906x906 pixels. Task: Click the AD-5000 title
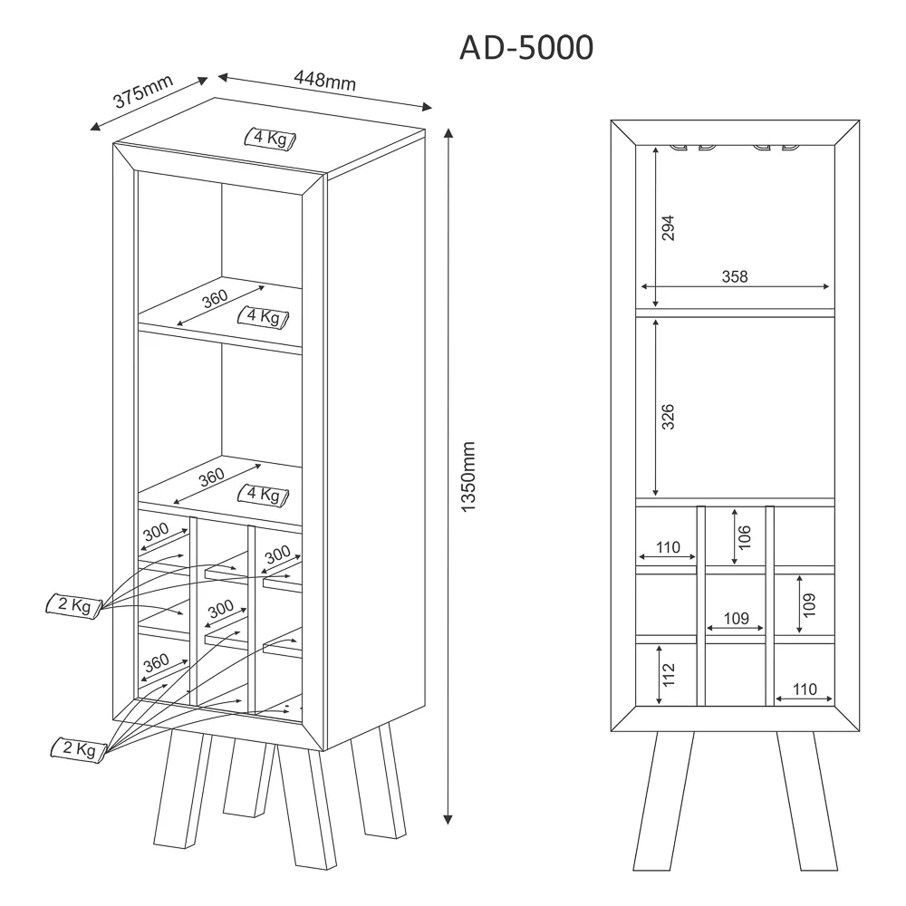pyautogui.click(x=526, y=47)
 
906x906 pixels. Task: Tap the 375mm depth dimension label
pyautogui.click(x=143, y=91)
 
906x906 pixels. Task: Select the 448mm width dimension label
pyautogui.click(x=324, y=80)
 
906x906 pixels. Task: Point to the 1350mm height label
pyautogui.click(x=468, y=477)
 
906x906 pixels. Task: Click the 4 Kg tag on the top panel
pyautogui.click(x=270, y=139)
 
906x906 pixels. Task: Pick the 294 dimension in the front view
pyautogui.click(x=668, y=227)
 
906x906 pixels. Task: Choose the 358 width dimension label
pyautogui.click(x=735, y=276)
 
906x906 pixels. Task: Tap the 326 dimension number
pyautogui.click(x=668, y=417)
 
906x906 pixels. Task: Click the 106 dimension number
pyautogui.click(x=745, y=536)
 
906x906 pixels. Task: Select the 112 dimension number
pyautogui.click(x=669, y=674)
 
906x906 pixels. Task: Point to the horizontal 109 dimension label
pyautogui.click(x=736, y=618)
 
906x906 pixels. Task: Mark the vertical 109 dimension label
pyautogui.click(x=809, y=605)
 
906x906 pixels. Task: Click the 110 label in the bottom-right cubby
pyautogui.click(x=805, y=689)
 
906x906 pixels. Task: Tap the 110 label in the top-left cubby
pyautogui.click(x=668, y=546)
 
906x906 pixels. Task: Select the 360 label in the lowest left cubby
pyautogui.click(x=157, y=663)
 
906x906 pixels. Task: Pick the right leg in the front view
pyautogui.click(x=806, y=801)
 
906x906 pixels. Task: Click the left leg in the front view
pyautogui.click(x=663, y=801)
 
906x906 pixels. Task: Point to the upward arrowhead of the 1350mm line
pyautogui.click(x=448, y=133)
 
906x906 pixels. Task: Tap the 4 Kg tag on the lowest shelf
pyautogui.click(x=264, y=496)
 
